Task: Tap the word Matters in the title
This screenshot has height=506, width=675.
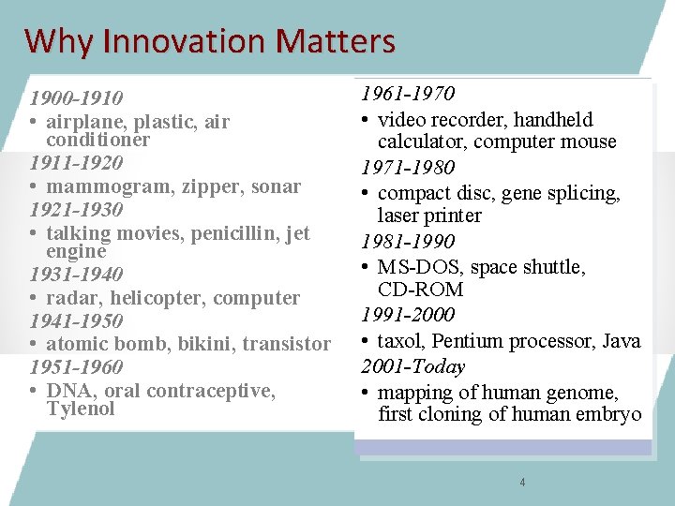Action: pos(335,41)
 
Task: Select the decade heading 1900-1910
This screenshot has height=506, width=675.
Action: pos(76,98)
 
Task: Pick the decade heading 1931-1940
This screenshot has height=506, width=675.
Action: pos(76,275)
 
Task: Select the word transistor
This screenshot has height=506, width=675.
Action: pos(286,344)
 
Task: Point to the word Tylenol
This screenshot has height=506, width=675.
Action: pos(80,409)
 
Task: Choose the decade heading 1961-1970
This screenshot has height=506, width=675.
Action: pos(408,94)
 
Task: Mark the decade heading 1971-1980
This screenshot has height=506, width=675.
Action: pos(408,168)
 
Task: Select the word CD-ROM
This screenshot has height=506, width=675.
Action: pos(415,290)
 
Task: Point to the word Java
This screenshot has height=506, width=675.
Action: pos(622,341)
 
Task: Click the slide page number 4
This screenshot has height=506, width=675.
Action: pos(522,483)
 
